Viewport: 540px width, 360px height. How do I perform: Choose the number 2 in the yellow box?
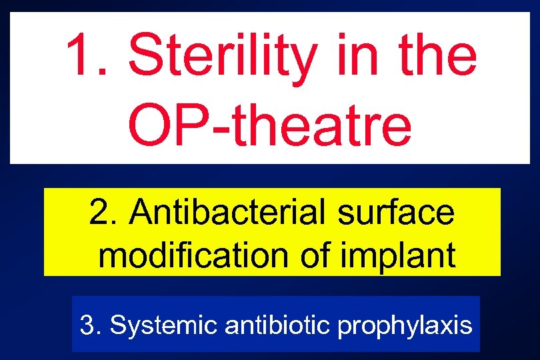point(101,213)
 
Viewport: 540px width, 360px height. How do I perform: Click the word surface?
point(396,213)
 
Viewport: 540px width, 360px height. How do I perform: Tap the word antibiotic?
point(279,325)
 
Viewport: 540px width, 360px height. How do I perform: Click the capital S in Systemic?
point(117,325)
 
